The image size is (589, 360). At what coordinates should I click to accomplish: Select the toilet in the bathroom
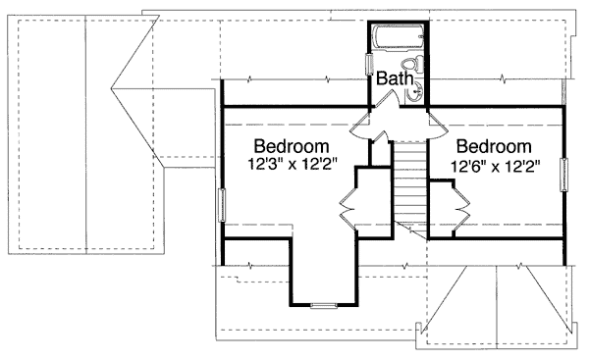(419, 66)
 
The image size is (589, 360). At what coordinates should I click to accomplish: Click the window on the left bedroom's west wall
(221, 208)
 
